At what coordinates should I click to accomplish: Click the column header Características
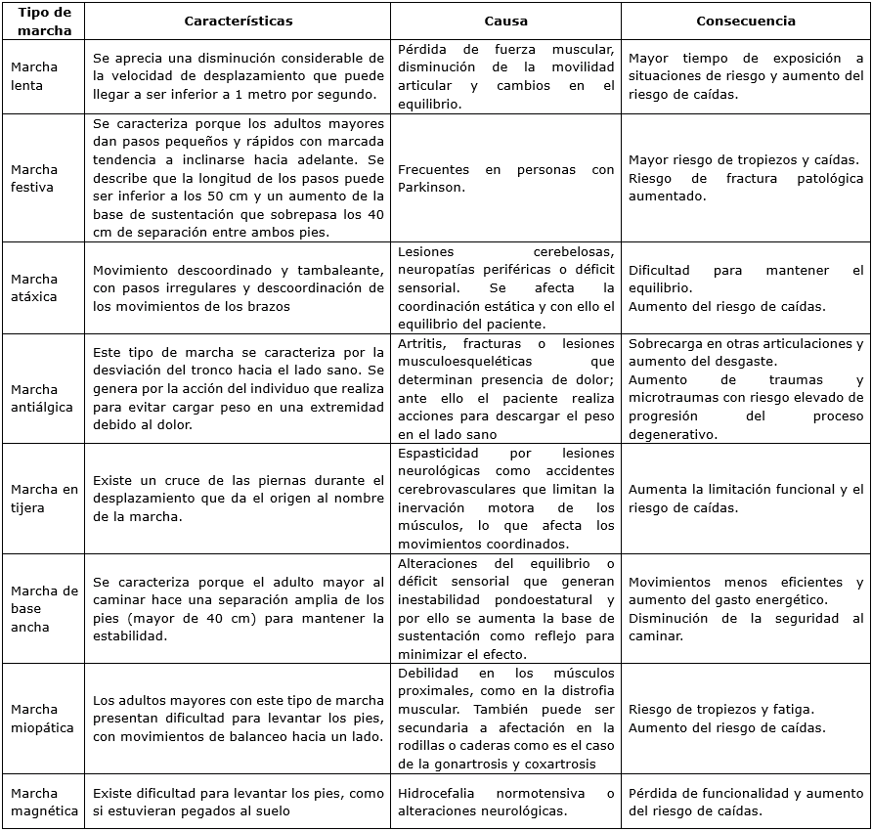pos(238,21)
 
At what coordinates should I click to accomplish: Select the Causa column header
pos(505,21)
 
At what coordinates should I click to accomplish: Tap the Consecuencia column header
pos(745,21)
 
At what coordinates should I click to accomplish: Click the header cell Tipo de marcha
pos(43,21)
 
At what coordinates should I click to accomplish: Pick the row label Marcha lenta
pos(34,76)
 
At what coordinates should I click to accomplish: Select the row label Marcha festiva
pos(34,178)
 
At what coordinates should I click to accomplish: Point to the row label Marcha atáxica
pos(34,287)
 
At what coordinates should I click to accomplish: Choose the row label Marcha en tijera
pos(44,499)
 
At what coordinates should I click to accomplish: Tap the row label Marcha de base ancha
pos(44,608)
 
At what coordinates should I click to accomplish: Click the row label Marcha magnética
pos(44,802)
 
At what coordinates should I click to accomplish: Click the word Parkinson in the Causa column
pos(430,188)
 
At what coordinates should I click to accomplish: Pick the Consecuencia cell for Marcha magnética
pos(745,802)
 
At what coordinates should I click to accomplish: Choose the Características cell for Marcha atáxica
pos(238,287)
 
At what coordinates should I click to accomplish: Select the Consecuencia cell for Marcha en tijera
pos(745,499)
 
